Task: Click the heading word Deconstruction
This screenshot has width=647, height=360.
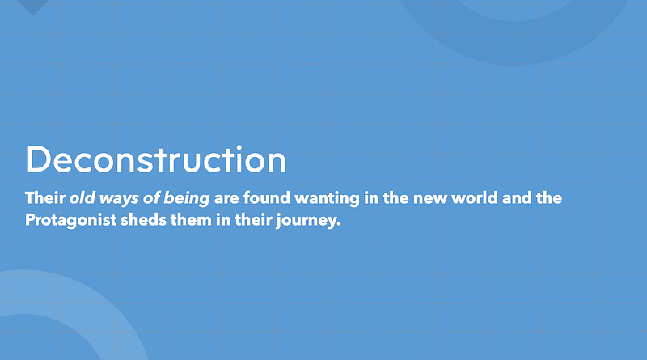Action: coord(156,159)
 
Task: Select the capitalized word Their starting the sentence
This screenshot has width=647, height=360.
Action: coord(45,197)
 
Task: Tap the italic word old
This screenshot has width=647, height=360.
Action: coord(82,197)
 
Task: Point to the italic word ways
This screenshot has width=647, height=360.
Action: coord(119,199)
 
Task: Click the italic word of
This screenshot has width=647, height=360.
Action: coord(151,197)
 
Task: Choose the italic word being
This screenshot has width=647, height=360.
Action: coord(187,198)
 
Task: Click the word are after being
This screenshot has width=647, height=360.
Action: coord(226,199)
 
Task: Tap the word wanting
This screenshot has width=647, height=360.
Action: coord(328,198)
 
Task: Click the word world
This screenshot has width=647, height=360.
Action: coord(475,197)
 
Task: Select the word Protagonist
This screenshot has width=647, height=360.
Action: coord(70,220)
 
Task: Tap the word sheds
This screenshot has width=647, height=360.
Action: coord(143,219)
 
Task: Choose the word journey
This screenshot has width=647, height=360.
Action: coord(306,221)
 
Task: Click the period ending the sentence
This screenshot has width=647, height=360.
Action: coord(339,225)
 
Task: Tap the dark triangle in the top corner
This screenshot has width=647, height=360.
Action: coord(33,6)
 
